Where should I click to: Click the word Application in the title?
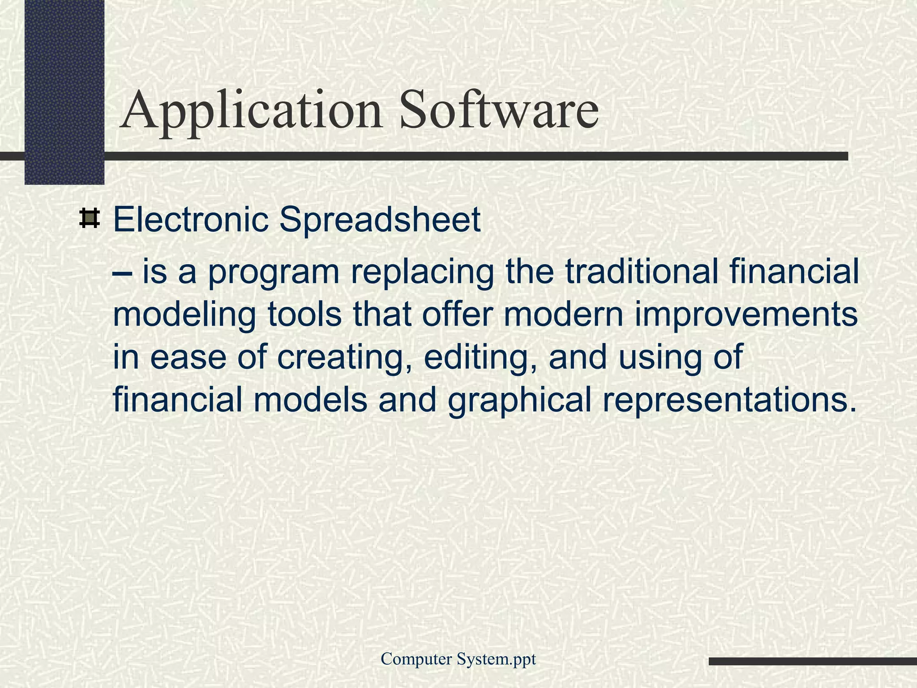(251, 110)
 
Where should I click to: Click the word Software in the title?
(499, 110)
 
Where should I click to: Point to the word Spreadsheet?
(380, 220)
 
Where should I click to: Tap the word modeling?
(184, 316)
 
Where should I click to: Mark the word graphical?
(519, 401)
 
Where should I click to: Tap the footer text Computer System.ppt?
(458, 659)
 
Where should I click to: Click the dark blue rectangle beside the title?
(64, 90)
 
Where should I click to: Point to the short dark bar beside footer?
(812, 661)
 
